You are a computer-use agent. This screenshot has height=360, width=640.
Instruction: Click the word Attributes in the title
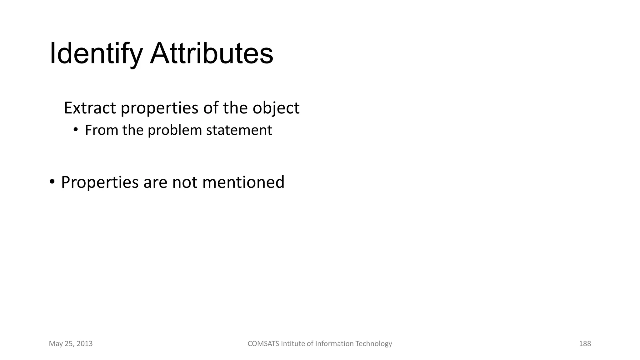tap(212, 54)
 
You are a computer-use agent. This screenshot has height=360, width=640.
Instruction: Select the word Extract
tap(90, 108)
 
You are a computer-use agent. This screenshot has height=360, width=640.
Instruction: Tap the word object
tap(276, 108)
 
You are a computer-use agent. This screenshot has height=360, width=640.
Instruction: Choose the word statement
tap(239, 130)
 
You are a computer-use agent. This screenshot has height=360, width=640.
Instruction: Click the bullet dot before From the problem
tap(75, 130)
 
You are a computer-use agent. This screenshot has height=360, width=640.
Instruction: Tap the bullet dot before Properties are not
tap(52, 182)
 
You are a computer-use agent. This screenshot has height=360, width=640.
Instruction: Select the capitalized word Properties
tap(100, 182)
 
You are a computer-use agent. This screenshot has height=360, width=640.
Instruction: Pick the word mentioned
tap(243, 182)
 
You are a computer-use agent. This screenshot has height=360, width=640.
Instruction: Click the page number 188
tap(585, 344)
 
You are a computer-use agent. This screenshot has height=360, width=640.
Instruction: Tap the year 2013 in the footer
tap(84, 344)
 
